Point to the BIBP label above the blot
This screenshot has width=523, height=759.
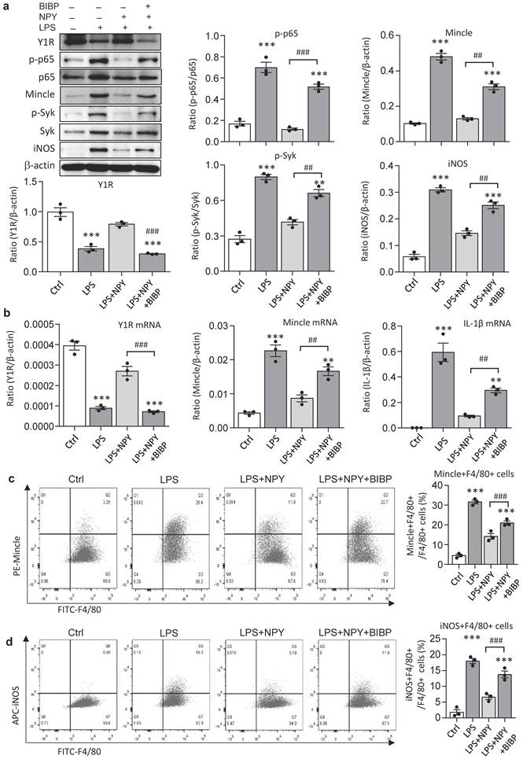coord(29,7)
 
